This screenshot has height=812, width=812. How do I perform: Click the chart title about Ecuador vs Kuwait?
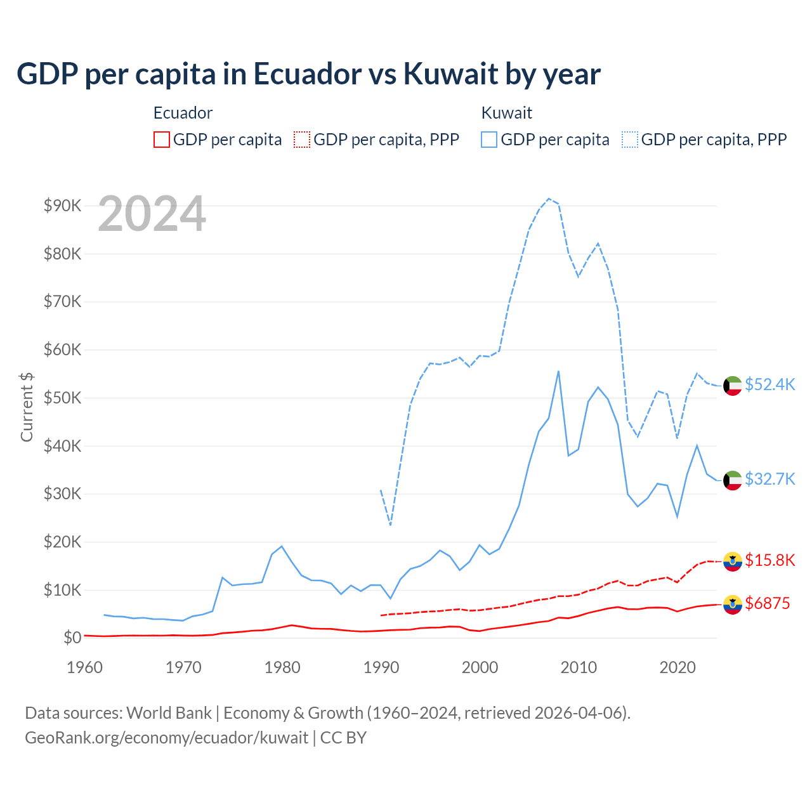tap(308, 74)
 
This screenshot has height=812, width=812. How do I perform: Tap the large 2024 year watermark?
tap(152, 214)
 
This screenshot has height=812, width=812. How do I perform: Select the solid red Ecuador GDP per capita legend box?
tap(162, 140)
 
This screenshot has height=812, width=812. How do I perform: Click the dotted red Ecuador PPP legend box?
tap(302, 140)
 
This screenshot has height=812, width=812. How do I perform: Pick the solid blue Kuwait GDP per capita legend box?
tap(489, 140)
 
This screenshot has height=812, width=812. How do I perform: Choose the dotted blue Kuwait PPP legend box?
tap(630, 140)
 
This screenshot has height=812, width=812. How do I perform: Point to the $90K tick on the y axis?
tap(62, 206)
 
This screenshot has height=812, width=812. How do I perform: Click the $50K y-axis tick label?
tap(62, 398)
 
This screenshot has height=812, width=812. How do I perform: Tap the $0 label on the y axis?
tap(72, 638)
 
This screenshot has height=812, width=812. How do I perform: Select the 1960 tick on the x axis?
tap(84, 667)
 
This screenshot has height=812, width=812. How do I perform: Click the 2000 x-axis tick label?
tap(480, 667)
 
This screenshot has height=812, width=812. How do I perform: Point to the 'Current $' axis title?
tap(27, 407)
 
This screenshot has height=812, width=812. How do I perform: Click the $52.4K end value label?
tap(769, 385)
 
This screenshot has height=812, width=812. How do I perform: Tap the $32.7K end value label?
tap(769, 479)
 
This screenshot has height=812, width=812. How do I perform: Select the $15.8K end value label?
tap(769, 560)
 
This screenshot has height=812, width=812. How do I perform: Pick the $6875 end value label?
tap(767, 603)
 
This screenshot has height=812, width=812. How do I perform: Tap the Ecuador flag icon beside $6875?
tap(733, 605)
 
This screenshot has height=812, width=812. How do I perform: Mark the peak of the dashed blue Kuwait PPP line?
tap(549, 199)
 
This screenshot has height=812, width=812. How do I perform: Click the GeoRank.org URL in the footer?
tap(166, 738)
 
